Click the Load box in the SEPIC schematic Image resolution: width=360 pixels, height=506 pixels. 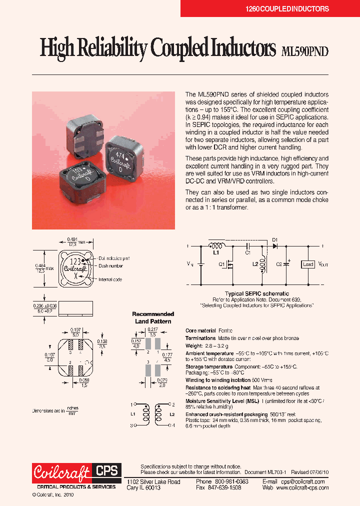point(308,264)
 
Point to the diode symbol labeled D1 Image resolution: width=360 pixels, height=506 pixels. point(274,246)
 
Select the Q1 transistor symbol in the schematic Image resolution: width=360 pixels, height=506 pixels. point(230,265)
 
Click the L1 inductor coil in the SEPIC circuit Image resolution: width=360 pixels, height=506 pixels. point(216,246)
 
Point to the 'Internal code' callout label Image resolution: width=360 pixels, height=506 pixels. point(110,279)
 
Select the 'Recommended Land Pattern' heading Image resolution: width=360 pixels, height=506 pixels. point(153,317)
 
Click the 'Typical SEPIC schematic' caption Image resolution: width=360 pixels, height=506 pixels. point(257,293)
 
